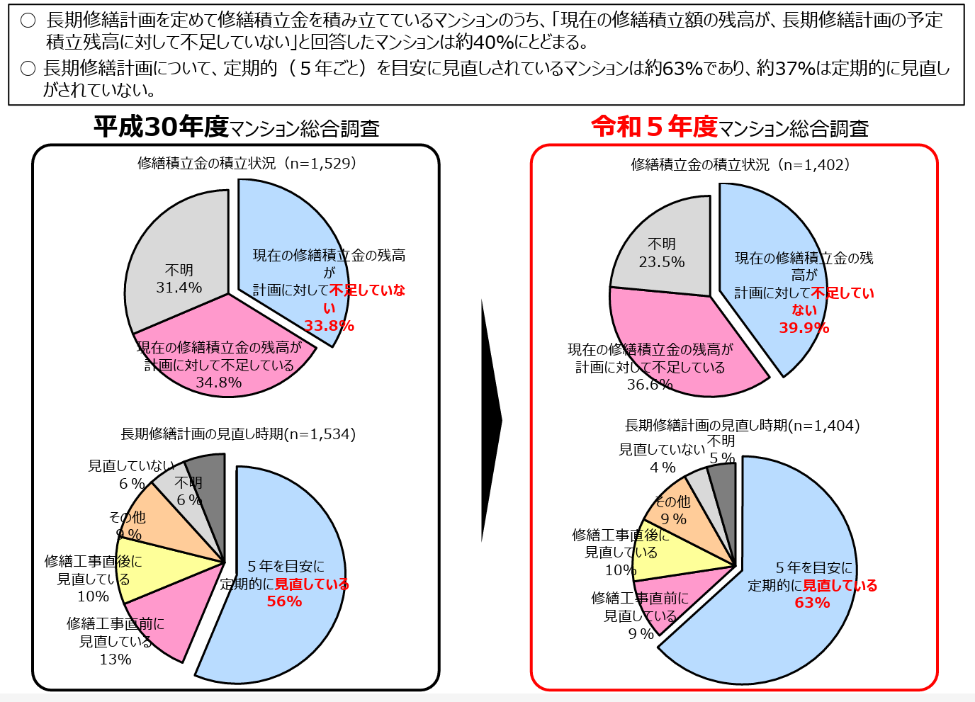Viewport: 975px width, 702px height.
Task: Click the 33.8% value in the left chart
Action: (329, 326)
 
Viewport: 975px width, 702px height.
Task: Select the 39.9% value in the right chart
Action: (804, 328)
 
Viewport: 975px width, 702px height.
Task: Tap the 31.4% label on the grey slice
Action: (179, 288)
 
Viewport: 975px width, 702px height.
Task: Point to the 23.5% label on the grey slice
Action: (661, 262)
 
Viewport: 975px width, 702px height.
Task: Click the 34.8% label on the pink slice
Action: (218, 383)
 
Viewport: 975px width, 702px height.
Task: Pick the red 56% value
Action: (284, 601)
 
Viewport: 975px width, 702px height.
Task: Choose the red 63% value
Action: (812, 603)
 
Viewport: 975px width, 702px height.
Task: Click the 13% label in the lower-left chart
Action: (115, 659)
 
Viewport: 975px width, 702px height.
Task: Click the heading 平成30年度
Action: (161, 127)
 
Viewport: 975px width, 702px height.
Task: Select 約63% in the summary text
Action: (673, 69)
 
